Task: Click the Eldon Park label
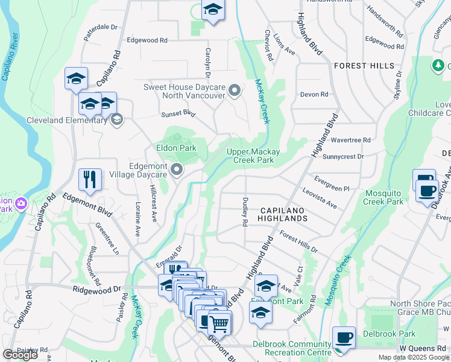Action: (x=175, y=148)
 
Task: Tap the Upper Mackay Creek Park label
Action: (x=259, y=156)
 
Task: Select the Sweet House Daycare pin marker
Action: (x=235, y=91)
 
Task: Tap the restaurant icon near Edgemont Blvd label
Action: (x=90, y=179)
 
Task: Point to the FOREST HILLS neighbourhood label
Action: (x=364, y=65)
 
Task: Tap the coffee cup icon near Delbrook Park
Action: (x=344, y=337)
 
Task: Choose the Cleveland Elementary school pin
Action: (x=116, y=119)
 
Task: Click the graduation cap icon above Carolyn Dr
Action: (x=213, y=10)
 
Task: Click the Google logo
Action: (x=20, y=355)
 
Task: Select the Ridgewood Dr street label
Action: (x=98, y=290)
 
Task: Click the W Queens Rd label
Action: (x=424, y=349)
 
